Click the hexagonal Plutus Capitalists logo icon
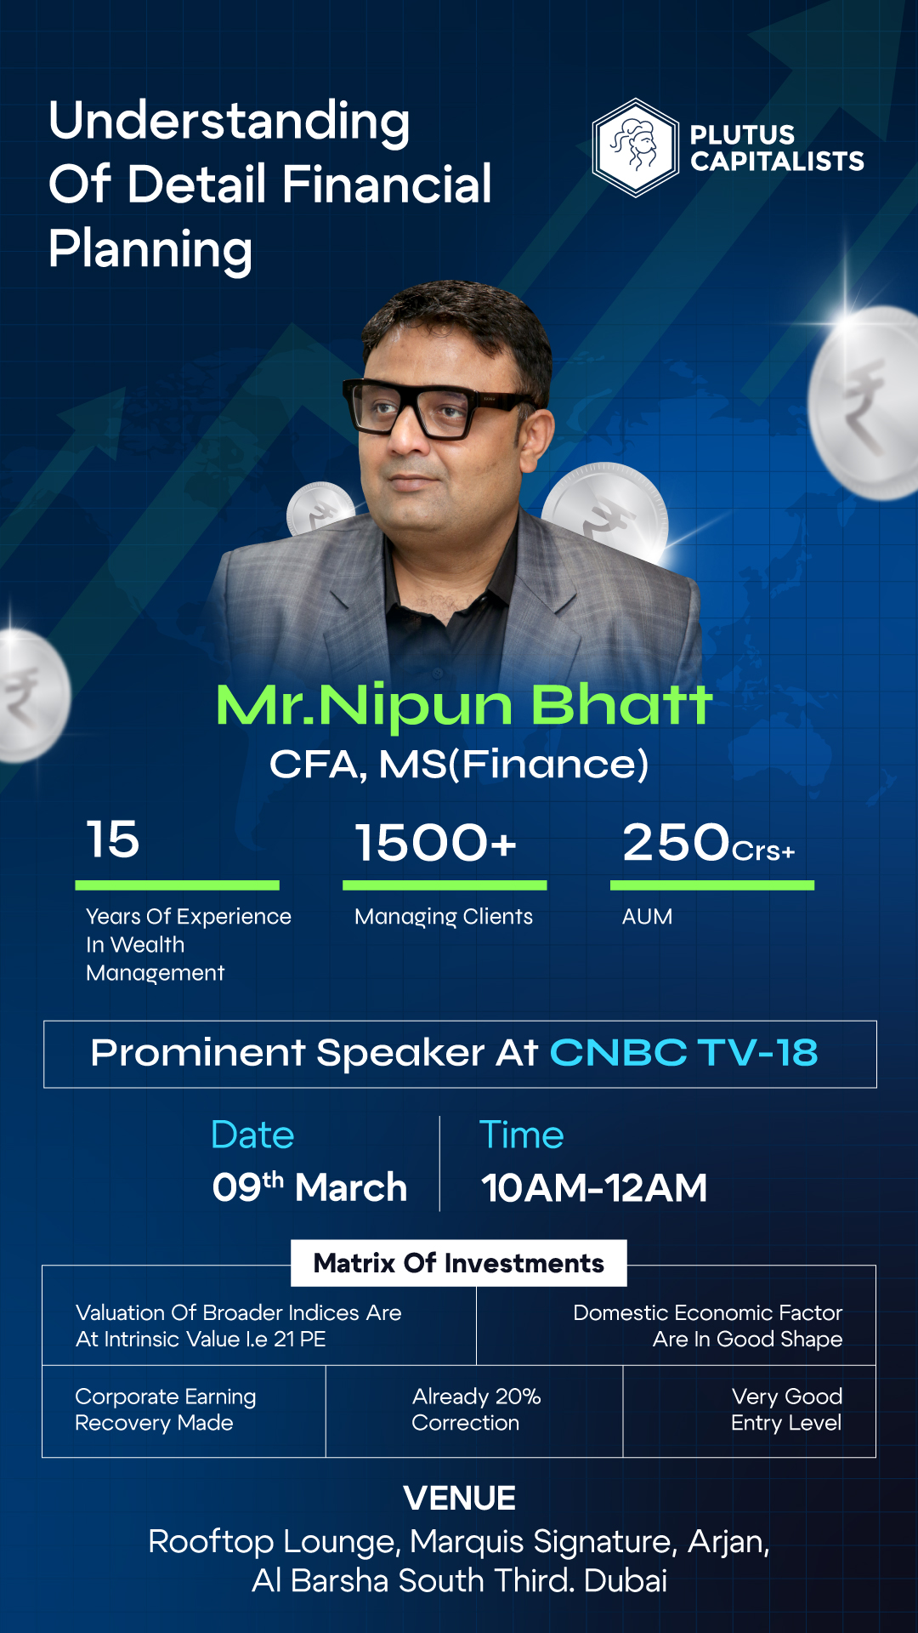(x=635, y=148)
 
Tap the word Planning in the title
(x=150, y=250)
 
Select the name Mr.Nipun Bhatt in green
(x=463, y=705)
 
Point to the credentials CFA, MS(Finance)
(x=459, y=764)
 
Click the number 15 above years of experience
(x=113, y=839)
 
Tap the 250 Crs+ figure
(x=709, y=843)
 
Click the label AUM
(x=647, y=916)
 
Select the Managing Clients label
(x=444, y=917)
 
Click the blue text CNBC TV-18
(x=684, y=1053)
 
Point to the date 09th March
(x=309, y=1186)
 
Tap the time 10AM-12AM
(x=594, y=1187)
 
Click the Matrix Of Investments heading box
(x=459, y=1263)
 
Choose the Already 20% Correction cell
(x=474, y=1410)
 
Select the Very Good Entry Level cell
(x=750, y=1410)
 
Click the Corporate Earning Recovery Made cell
(x=184, y=1410)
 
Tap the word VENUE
(x=460, y=1499)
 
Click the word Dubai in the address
(x=626, y=1581)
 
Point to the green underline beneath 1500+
(x=445, y=885)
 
